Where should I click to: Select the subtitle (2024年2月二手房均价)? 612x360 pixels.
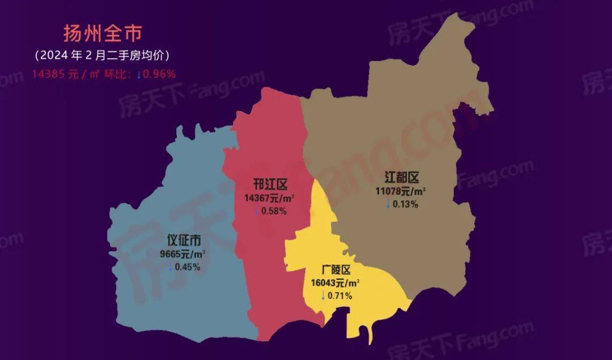(102, 56)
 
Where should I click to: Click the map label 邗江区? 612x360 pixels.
(271, 185)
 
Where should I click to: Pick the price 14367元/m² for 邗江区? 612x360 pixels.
(269, 198)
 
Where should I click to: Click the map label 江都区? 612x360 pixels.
(401, 178)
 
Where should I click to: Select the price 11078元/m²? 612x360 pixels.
(401, 192)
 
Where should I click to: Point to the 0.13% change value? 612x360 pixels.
(405, 204)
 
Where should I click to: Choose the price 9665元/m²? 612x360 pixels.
(182, 254)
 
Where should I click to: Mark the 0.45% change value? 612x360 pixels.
(187, 267)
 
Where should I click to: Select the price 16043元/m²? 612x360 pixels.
(335, 283)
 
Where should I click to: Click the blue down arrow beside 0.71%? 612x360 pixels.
(323, 295)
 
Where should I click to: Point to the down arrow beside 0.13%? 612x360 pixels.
(388, 204)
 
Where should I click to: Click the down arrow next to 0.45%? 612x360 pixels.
(170, 267)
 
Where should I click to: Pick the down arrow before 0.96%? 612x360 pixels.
(138, 74)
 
